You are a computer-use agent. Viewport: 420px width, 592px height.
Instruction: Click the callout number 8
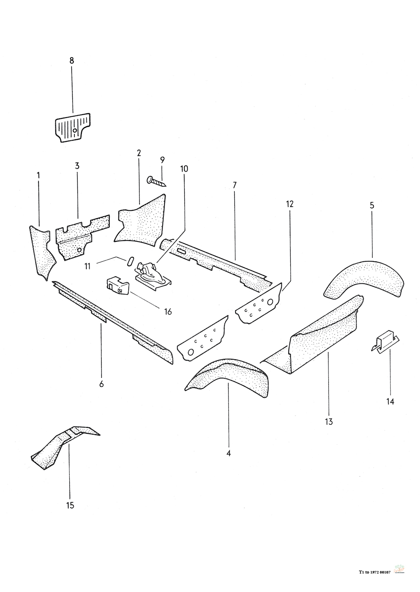(71, 60)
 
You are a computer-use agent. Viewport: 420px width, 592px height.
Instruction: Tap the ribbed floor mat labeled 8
(73, 126)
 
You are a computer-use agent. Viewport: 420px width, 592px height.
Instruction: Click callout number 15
(70, 505)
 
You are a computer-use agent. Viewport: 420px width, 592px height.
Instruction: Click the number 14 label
(390, 402)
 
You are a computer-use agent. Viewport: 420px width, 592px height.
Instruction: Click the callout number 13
(328, 421)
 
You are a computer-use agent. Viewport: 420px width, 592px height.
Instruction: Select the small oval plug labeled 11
(129, 261)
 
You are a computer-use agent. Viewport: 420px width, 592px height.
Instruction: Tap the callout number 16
(168, 312)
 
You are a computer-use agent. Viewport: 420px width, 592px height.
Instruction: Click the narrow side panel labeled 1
(42, 252)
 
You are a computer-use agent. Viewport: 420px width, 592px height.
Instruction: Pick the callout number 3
(77, 166)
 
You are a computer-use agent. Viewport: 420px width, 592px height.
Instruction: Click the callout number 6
(101, 384)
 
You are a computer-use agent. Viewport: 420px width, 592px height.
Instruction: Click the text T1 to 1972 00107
(375, 572)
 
